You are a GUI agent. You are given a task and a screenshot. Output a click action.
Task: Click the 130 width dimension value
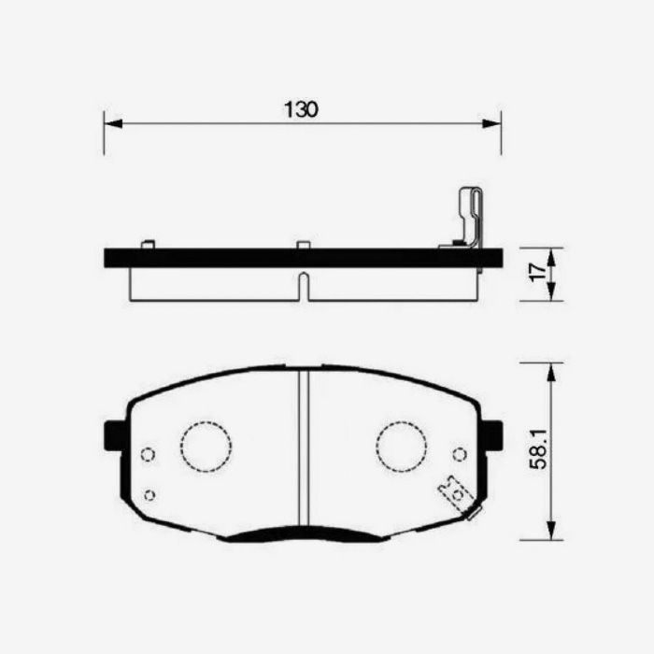[x=301, y=109]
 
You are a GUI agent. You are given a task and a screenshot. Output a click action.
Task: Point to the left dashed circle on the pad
[x=206, y=447]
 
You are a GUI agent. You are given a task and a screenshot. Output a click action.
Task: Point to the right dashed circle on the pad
[x=401, y=447]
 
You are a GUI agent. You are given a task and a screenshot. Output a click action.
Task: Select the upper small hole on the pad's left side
[x=146, y=454]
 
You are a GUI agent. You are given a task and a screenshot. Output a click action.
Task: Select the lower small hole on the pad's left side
[x=149, y=494]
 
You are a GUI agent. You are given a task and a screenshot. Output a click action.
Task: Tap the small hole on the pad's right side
[x=459, y=454]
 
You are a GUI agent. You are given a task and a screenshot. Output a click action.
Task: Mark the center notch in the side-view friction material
[x=303, y=285]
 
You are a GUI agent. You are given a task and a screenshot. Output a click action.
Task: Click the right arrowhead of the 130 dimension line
[x=496, y=122]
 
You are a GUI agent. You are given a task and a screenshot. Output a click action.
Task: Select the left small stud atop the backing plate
[x=147, y=245]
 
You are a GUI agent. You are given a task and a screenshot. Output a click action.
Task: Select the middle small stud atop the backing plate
[x=303, y=245]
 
